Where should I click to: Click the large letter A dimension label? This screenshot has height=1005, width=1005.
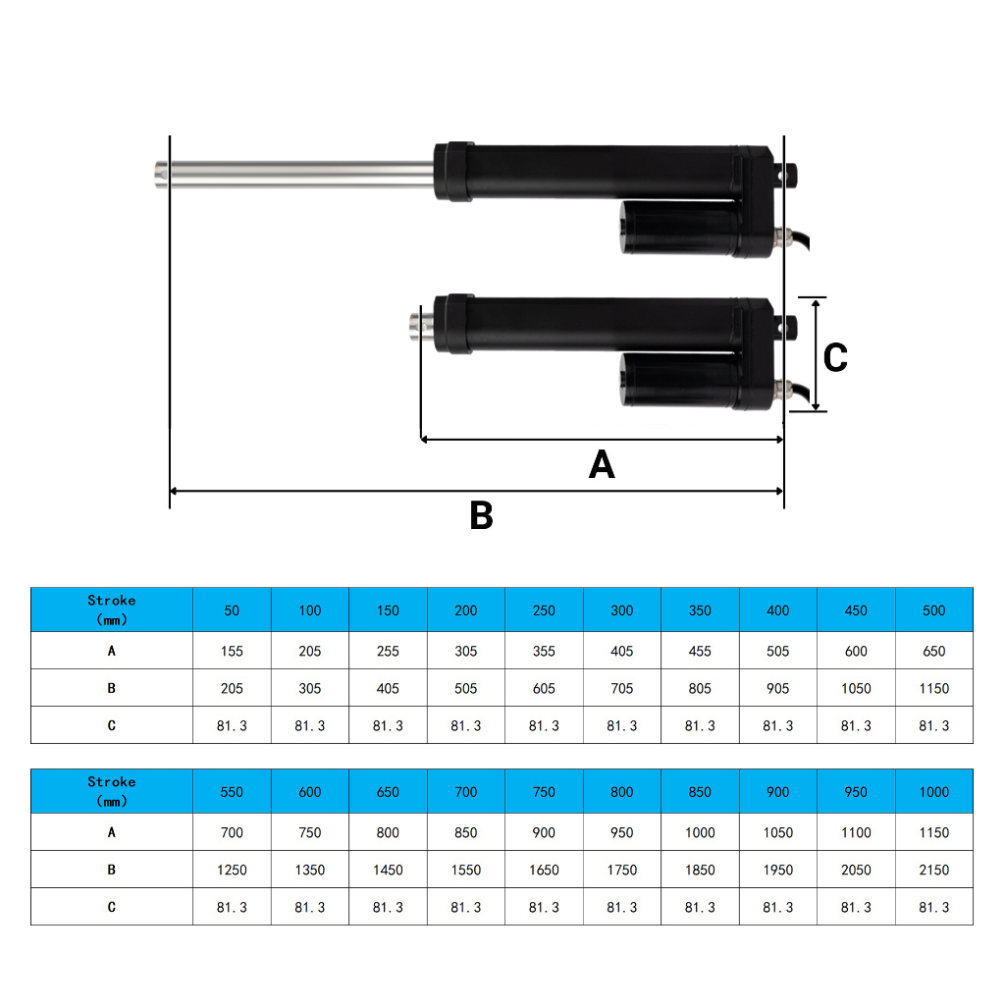pyautogui.click(x=602, y=464)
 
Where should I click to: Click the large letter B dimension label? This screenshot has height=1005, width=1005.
pyautogui.click(x=481, y=514)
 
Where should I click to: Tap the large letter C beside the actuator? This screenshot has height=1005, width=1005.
pyautogui.click(x=835, y=357)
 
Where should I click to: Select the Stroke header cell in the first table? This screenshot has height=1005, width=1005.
pyautogui.click(x=112, y=609)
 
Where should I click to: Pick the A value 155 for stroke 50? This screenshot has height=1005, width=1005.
pyautogui.click(x=232, y=652)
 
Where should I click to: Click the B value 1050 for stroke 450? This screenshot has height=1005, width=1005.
pyautogui.click(x=856, y=688)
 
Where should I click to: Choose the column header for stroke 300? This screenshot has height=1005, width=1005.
pyautogui.click(x=621, y=610)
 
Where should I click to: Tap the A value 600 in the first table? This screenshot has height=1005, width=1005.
pyautogui.click(x=856, y=652)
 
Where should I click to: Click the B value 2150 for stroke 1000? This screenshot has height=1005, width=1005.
pyautogui.click(x=934, y=870)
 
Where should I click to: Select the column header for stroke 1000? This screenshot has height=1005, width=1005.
pyautogui.click(x=934, y=792)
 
